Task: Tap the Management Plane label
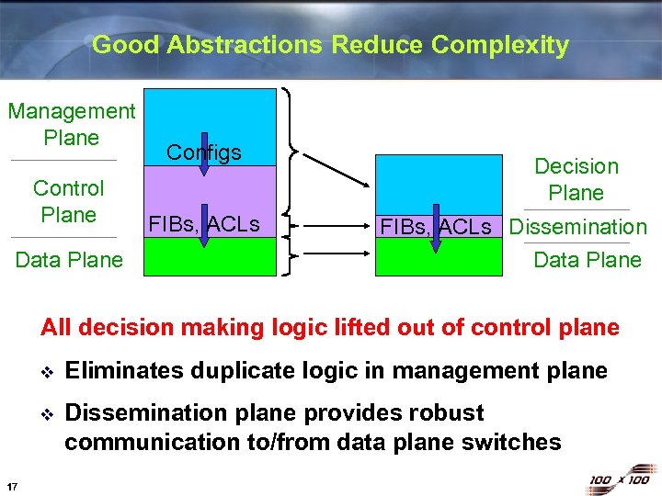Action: pos(71,124)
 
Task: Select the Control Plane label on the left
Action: pos(68,201)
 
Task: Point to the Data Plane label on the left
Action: pos(69,260)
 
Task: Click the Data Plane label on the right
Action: pos(588,260)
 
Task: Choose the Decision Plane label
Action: pos(576,179)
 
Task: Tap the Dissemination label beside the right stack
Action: pos(578,227)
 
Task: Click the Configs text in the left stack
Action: pos(203,152)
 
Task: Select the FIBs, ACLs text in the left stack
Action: pos(203,223)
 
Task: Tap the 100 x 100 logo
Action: pos(617,479)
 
